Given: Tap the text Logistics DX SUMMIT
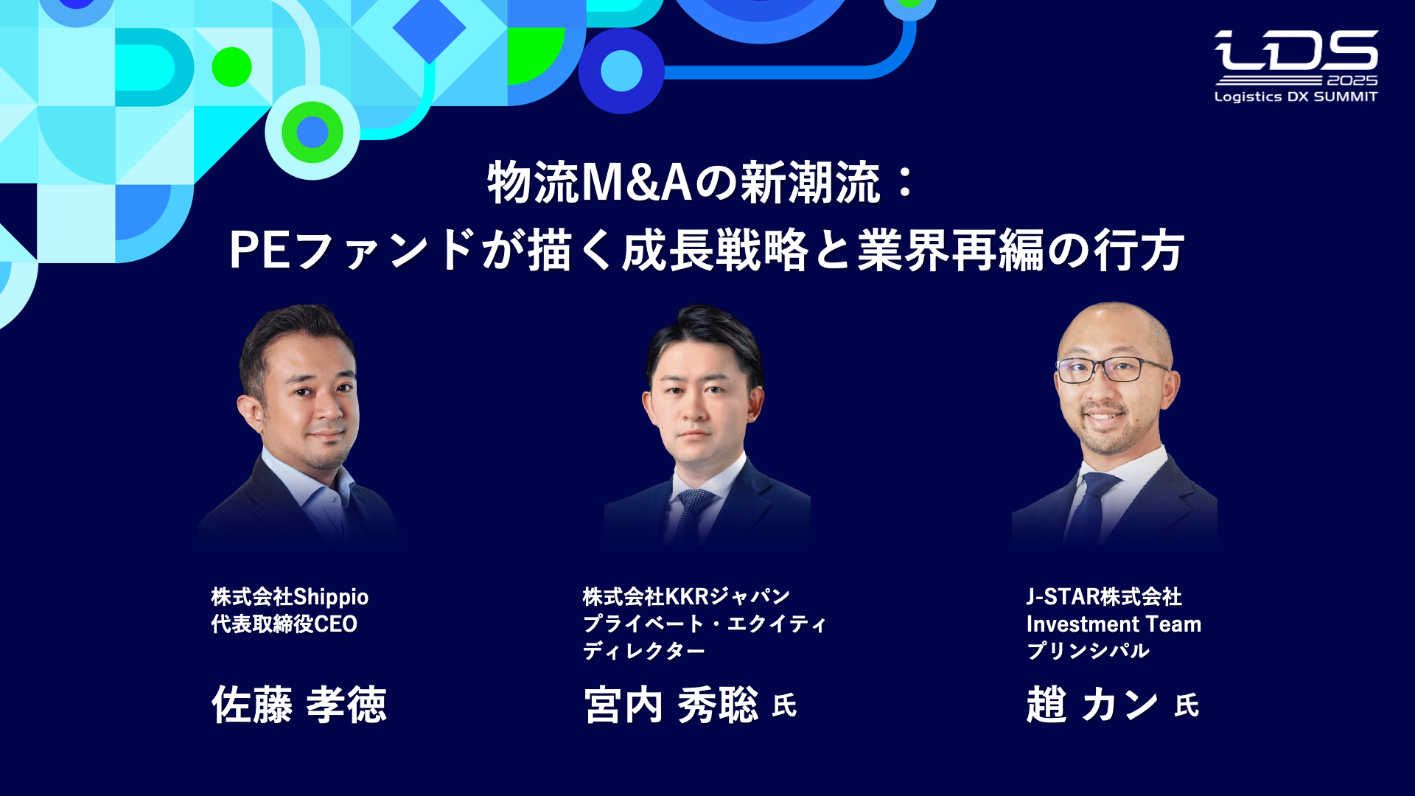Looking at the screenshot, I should (1296, 97).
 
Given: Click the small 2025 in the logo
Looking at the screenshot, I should (1352, 80).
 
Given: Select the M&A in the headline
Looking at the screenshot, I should (636, 183).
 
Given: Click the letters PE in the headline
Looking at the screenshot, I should (259, 251).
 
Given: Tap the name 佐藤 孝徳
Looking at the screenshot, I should (299, 705).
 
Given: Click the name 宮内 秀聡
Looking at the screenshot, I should (671, 705).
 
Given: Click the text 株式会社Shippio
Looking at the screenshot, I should (290, 596).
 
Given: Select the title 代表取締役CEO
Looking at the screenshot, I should (284, 624).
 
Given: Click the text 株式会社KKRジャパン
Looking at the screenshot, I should (686, 596).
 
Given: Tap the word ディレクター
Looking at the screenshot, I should (643, 651).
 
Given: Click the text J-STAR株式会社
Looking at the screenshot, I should (1103, 596).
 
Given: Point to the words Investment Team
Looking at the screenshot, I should (1114, 624).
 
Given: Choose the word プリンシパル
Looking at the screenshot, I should (1088, 651).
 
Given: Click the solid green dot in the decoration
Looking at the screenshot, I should (231, 67).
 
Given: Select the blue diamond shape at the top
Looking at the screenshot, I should (429, 28).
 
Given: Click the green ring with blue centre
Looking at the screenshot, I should (312, 132).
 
